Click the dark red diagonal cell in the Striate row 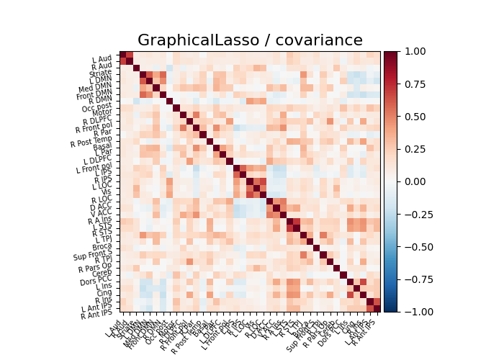(x=136, y=68)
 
